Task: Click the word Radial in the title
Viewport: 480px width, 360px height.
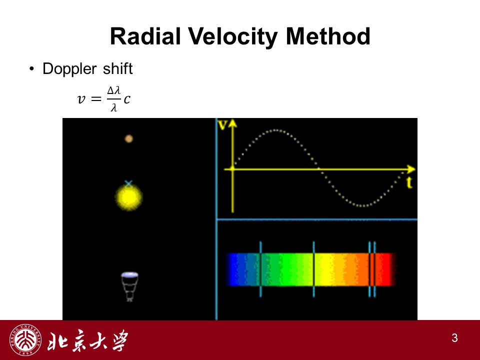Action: tap(145, 36)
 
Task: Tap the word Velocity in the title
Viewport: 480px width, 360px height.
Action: tap(232, 37)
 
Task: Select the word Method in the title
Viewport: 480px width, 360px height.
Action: tap(327, 36)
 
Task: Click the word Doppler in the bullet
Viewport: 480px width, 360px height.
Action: tap(69, 69)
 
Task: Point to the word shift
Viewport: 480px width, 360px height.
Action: tap(117, 68)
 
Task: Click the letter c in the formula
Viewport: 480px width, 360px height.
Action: tap(126, 99)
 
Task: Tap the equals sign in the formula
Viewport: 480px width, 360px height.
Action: tap(96, 99)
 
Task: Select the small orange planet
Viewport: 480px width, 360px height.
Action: tap(129, 138)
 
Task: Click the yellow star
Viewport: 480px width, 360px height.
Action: tap(129, 197)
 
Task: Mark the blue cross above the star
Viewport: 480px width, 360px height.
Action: tap(128, 183)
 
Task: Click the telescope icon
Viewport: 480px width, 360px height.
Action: tap(130, 286)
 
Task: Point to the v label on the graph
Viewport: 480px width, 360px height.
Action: tap(222, 125)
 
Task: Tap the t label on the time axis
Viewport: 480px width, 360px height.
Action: tap(409, 182)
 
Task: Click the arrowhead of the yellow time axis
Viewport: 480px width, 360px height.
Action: tap(411, 169)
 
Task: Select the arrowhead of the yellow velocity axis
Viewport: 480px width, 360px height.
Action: tap(232, 122)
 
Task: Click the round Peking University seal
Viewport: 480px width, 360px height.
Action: tap(25, 340)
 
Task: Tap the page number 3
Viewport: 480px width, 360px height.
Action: tap(454, 338)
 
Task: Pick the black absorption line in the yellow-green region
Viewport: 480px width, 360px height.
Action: tap(314, 269)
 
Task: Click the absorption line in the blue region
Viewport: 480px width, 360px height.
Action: tap(260, 269)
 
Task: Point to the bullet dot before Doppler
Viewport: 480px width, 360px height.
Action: tap(31, 69)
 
